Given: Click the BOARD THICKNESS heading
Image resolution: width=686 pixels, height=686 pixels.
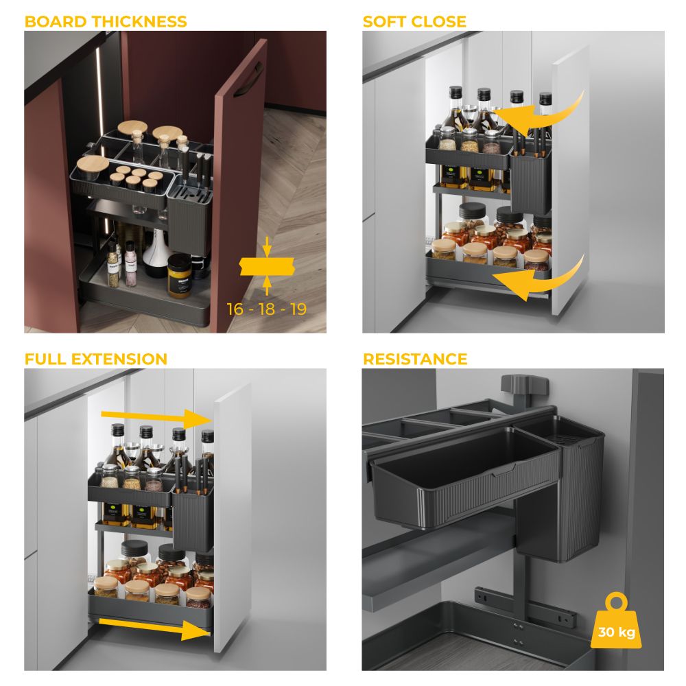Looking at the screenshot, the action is tap(106, 21).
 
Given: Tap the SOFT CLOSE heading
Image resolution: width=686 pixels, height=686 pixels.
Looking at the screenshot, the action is tap(414, 21).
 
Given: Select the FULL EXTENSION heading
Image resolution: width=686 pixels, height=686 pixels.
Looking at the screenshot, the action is tap(96, 359).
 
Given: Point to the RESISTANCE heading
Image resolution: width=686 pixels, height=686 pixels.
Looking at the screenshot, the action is tap(415, 359).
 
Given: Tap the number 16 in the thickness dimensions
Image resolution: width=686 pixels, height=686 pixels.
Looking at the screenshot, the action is tap(235, 309).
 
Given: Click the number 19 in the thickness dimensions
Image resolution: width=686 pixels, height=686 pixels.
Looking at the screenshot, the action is tap(298, 309).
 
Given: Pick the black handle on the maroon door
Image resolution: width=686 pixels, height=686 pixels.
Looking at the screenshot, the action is tap(248, 81).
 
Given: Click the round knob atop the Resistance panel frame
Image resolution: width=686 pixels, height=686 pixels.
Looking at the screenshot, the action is tap(525, 384).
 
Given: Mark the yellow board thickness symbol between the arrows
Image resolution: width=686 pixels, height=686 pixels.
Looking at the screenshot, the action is tap(267, 266).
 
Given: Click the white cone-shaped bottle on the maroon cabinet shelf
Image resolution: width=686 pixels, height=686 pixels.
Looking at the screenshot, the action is tap(155, 254).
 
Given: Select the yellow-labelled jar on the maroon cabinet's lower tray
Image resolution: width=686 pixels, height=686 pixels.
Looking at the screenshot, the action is tap(179, 276).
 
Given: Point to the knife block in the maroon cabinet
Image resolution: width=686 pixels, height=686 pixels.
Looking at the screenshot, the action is tap(189, 213).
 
